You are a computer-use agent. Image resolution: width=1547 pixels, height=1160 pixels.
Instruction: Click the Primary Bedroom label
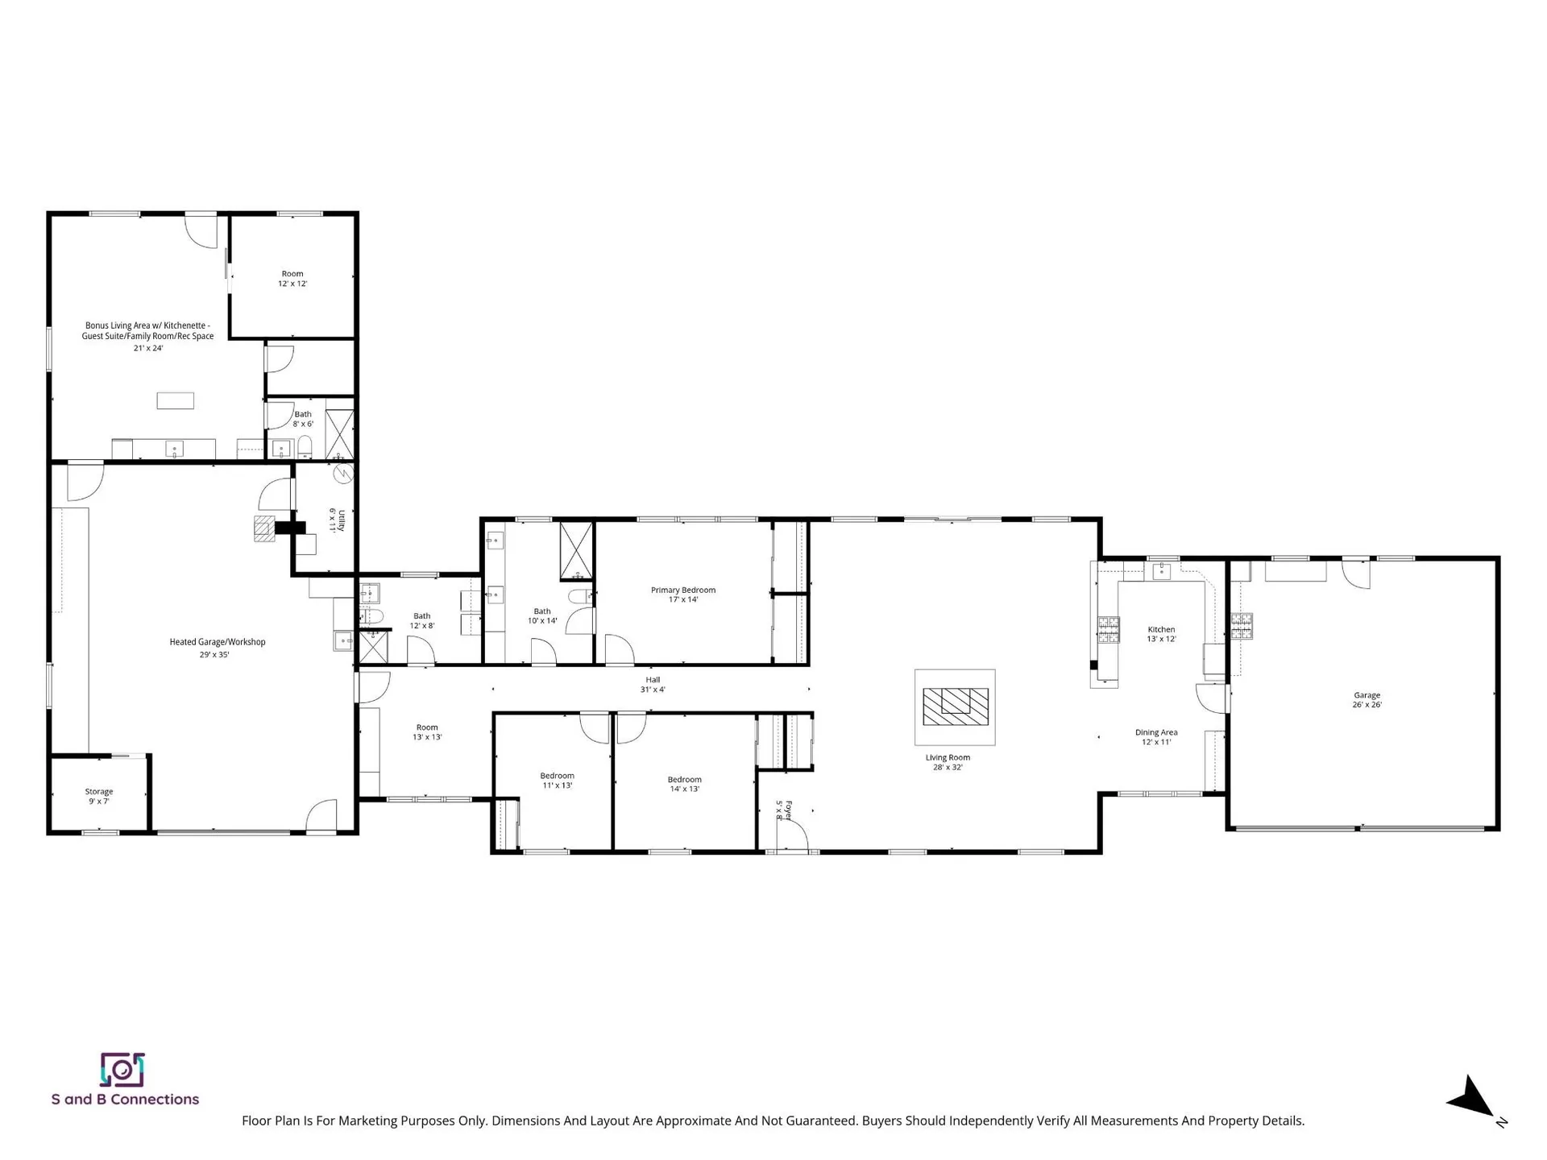(683, 594)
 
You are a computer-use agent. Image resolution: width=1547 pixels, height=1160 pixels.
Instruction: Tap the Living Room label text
(948, 762)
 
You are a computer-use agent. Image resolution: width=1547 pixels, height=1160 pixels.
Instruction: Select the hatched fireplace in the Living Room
(955, 706)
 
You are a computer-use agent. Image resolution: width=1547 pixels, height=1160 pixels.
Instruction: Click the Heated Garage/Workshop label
(217, 648)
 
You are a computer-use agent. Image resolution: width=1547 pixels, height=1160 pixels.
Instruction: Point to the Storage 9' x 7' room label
(99, 796)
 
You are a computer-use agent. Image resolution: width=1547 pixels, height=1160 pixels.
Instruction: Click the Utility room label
(337, 520)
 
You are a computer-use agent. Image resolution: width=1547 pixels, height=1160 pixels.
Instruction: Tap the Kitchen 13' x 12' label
(1161, 634)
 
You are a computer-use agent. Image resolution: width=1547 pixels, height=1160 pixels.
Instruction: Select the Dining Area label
(1156, 737)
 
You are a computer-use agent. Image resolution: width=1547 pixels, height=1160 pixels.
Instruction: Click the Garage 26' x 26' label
(1367, 699)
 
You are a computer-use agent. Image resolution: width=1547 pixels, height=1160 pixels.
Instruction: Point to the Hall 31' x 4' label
(653, 685)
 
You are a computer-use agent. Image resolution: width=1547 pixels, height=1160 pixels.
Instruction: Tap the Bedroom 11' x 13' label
(557, 780)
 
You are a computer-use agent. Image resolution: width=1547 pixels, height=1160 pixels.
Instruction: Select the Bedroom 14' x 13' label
(684, 784)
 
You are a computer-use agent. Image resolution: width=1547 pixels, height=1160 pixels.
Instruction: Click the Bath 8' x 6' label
(303, 419)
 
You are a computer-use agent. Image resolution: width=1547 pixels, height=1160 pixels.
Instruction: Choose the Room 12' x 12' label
(292, 279)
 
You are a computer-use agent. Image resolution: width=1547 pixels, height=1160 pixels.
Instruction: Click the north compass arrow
(1472, 1097)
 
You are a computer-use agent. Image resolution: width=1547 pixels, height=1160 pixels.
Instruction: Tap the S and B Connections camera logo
(122, 1070)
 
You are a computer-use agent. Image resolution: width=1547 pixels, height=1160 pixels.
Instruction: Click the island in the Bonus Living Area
(176, 400)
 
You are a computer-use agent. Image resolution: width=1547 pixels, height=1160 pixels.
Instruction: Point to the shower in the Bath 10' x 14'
(577, 551)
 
